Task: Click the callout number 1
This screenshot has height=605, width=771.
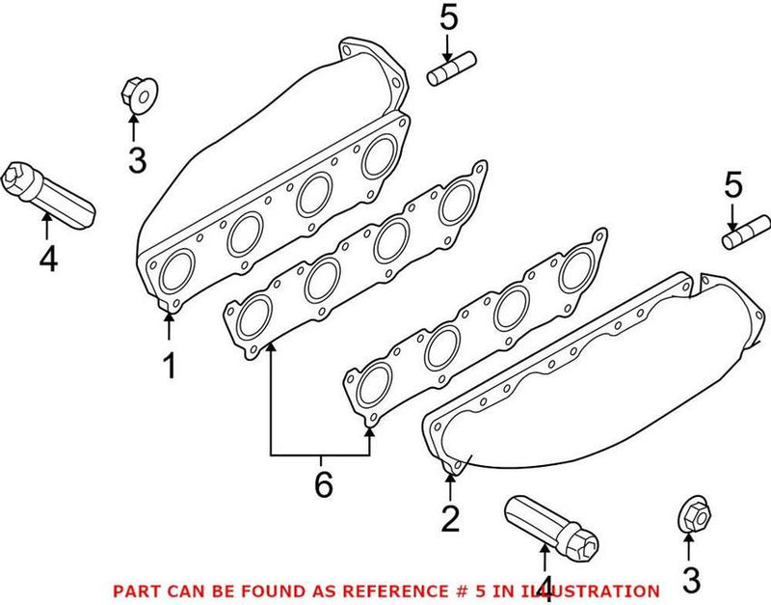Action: pyautogui.click(x=170, y=366)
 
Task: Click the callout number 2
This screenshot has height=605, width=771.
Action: pyautogui.click(x=450, y=519)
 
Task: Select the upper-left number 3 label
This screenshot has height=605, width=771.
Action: pyautogui.click(x=137, y=159)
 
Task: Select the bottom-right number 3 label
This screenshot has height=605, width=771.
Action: pyautogui.click(x=691, y=580)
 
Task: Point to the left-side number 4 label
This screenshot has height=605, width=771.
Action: pyautogui.click(x=48, y=259)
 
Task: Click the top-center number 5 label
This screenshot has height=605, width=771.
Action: pyautogui.click(x=448, y=17)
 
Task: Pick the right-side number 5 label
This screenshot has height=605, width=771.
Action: pyautogui.click(x=732, y=185)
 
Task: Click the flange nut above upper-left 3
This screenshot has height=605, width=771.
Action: pyautogui.click(x=139, y=96)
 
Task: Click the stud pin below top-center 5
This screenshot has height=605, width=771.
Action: pyautogui.click(x=451, y=69)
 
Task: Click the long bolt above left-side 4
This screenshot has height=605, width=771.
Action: pyautogui.click(x=48, y=195)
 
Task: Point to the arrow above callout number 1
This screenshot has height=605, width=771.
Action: pyautogui.click(x=170, y=326)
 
